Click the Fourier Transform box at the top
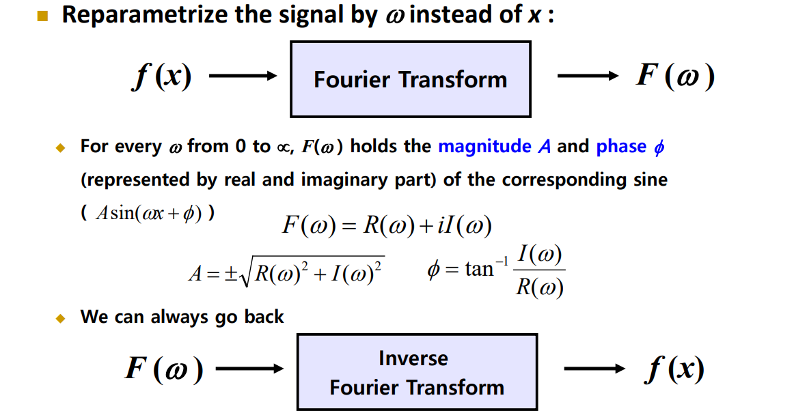[410, 79]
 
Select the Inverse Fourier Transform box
[417, 373]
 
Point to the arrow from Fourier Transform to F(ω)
[587, 76]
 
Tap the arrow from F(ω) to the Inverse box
[249, 369]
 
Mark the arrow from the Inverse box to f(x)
[594, 369]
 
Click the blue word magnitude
[484, 147]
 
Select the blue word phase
[621, 147]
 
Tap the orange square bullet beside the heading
[44, 16]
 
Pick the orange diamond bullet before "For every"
[59, 147]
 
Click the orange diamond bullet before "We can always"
[59, 318]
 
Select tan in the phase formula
[478, 270]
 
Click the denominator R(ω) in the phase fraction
[540, 287]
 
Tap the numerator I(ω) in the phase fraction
[540, 256]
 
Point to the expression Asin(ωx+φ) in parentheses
[148, 214]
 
